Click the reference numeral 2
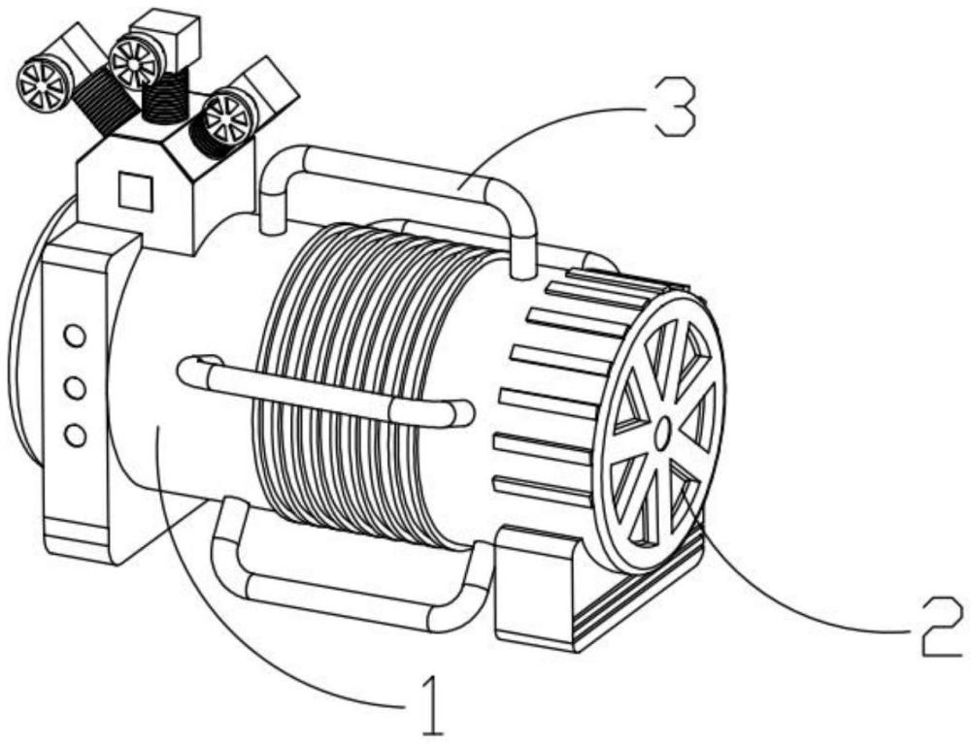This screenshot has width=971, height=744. (942, 628)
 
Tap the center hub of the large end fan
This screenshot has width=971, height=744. (661, 433)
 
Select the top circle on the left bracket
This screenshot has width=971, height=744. (75, 338)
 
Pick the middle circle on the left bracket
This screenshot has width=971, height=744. (75, 388)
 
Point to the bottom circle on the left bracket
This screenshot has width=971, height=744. (75, 435)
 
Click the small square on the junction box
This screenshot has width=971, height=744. (136, 191)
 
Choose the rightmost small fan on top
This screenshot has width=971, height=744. (229, 117)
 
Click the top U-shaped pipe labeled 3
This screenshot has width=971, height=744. (396, 185)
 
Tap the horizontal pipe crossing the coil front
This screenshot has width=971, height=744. (325, 391)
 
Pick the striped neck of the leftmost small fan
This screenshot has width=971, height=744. (104, 100)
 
